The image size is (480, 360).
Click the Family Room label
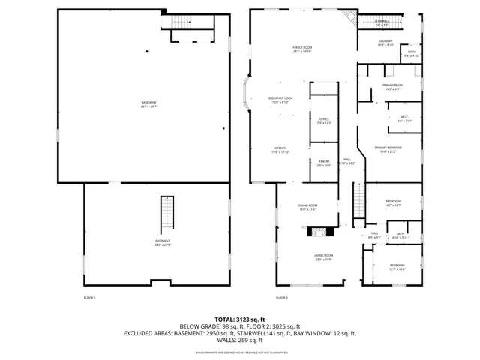pos(302,49)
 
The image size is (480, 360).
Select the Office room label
pos(324,121)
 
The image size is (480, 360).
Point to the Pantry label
pos(324,163)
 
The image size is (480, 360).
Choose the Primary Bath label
pos(392,87)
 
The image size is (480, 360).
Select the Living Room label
pos(323,257)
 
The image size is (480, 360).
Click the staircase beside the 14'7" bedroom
pos(358,202)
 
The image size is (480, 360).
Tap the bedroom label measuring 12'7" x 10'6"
pos(397,268)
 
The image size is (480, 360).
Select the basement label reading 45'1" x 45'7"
pos(149,104)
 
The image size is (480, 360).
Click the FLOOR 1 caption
pos(89,298)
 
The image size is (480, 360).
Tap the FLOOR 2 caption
pos(281,298)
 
